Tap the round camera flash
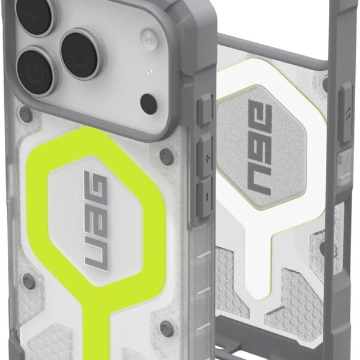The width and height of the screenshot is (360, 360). (x=149, y=37)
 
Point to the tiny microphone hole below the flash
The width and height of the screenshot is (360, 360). (x=149, y=71)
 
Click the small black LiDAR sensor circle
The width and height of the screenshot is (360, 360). (x=149, y=103)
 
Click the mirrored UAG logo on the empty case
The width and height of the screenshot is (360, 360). (x=260, y=148)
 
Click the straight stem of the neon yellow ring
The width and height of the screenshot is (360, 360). (x=96, y=326)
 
